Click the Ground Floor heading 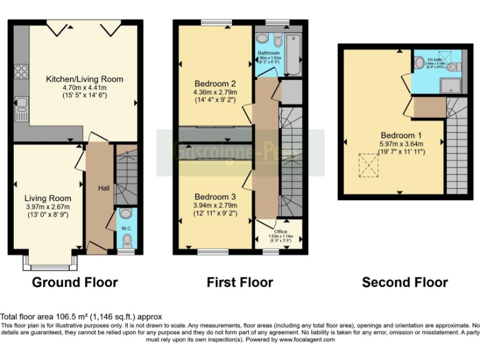click(74, 282)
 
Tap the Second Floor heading click(404, 282)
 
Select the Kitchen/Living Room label click(84, 79)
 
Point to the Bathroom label click(269, 54)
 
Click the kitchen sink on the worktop click(20, 107)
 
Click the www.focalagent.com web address click(306, 340)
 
